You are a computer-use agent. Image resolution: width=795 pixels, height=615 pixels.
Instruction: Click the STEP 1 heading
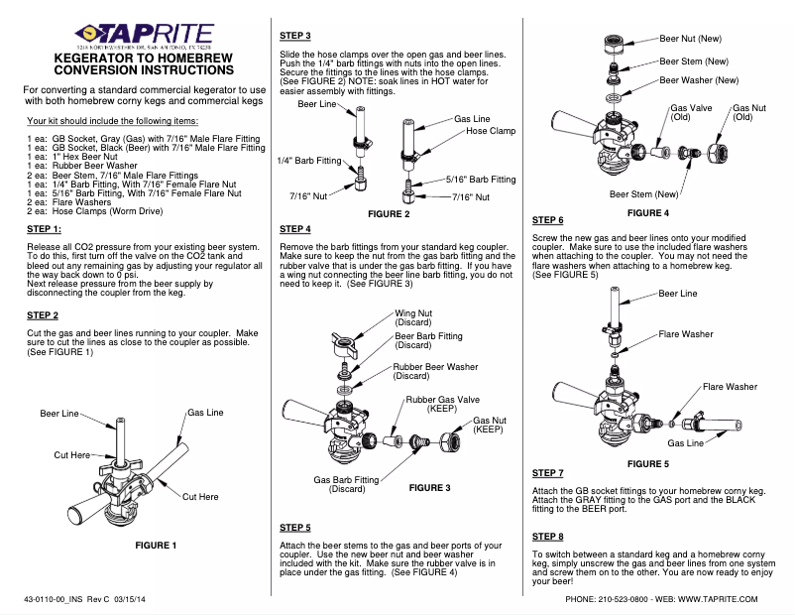point(46,229)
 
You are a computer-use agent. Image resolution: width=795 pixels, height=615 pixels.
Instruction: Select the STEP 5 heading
point(295,527)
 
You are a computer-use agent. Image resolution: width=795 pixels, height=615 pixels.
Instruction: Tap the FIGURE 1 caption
point(148,545)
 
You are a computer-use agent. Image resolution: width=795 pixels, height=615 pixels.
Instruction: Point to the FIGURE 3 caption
point(429,488)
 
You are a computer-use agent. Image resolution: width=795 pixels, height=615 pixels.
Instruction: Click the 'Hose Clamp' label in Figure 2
point(491,131)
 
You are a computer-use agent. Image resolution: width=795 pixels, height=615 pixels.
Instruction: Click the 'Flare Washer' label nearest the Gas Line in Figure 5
point(730,387)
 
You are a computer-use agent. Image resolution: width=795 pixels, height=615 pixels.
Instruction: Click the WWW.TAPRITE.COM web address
point(720,599)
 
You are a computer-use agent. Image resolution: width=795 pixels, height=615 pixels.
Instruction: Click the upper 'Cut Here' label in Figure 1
point(71,454)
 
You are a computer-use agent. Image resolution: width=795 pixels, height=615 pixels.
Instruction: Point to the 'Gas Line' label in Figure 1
point(205,412)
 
